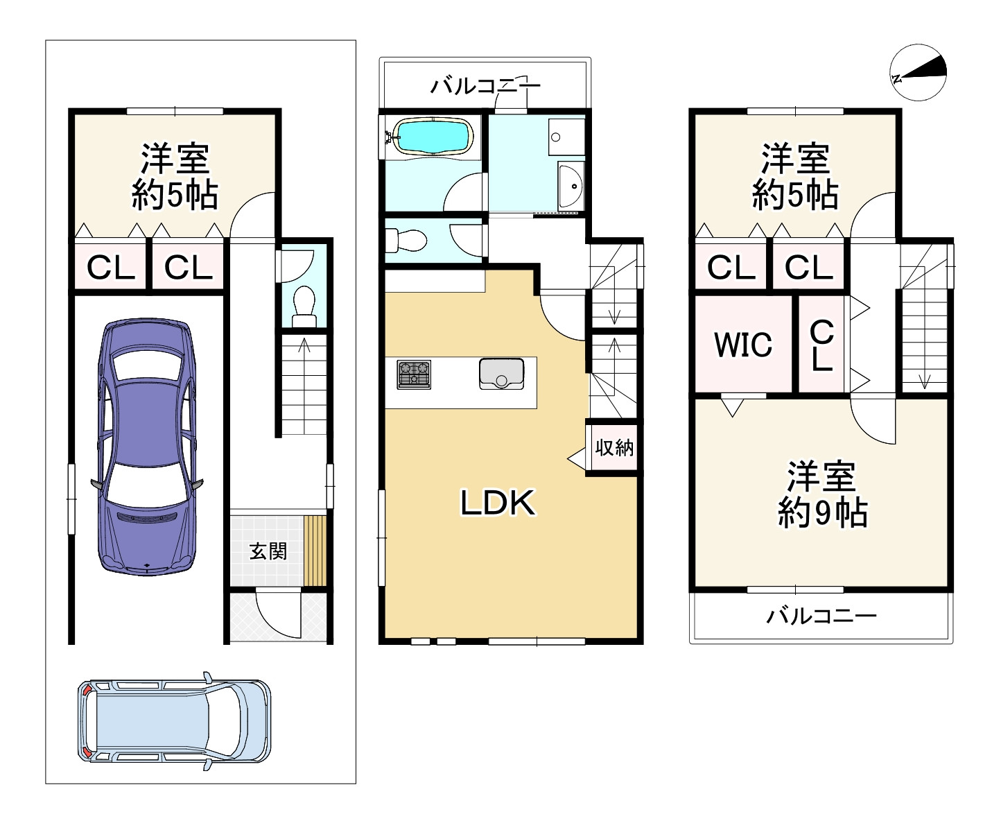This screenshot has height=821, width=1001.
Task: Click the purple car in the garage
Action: [147, 447]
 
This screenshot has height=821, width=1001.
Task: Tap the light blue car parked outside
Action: [174, 721]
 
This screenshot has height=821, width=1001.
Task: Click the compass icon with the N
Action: [918, 72]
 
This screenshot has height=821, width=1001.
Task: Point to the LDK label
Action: [498, 503]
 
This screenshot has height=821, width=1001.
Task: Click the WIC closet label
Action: [743, 345]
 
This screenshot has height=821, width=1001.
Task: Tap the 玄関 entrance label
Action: [268, 551]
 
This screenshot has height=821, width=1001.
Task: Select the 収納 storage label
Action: [614, 448]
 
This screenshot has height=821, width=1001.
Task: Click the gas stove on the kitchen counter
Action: [414, 374]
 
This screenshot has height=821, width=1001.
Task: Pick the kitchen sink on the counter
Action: [500, 374]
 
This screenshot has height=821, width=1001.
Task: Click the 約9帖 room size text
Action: [822, 513]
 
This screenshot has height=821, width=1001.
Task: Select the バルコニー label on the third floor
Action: [821, 615]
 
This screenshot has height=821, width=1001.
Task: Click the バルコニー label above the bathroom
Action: [485, 87]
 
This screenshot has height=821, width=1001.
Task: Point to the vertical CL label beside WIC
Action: [821, 345]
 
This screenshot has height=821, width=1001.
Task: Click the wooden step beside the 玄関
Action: [315, 551]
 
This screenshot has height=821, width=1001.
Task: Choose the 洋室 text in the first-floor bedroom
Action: [175, 159]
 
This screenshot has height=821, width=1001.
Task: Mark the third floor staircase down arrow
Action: [923, 378]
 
